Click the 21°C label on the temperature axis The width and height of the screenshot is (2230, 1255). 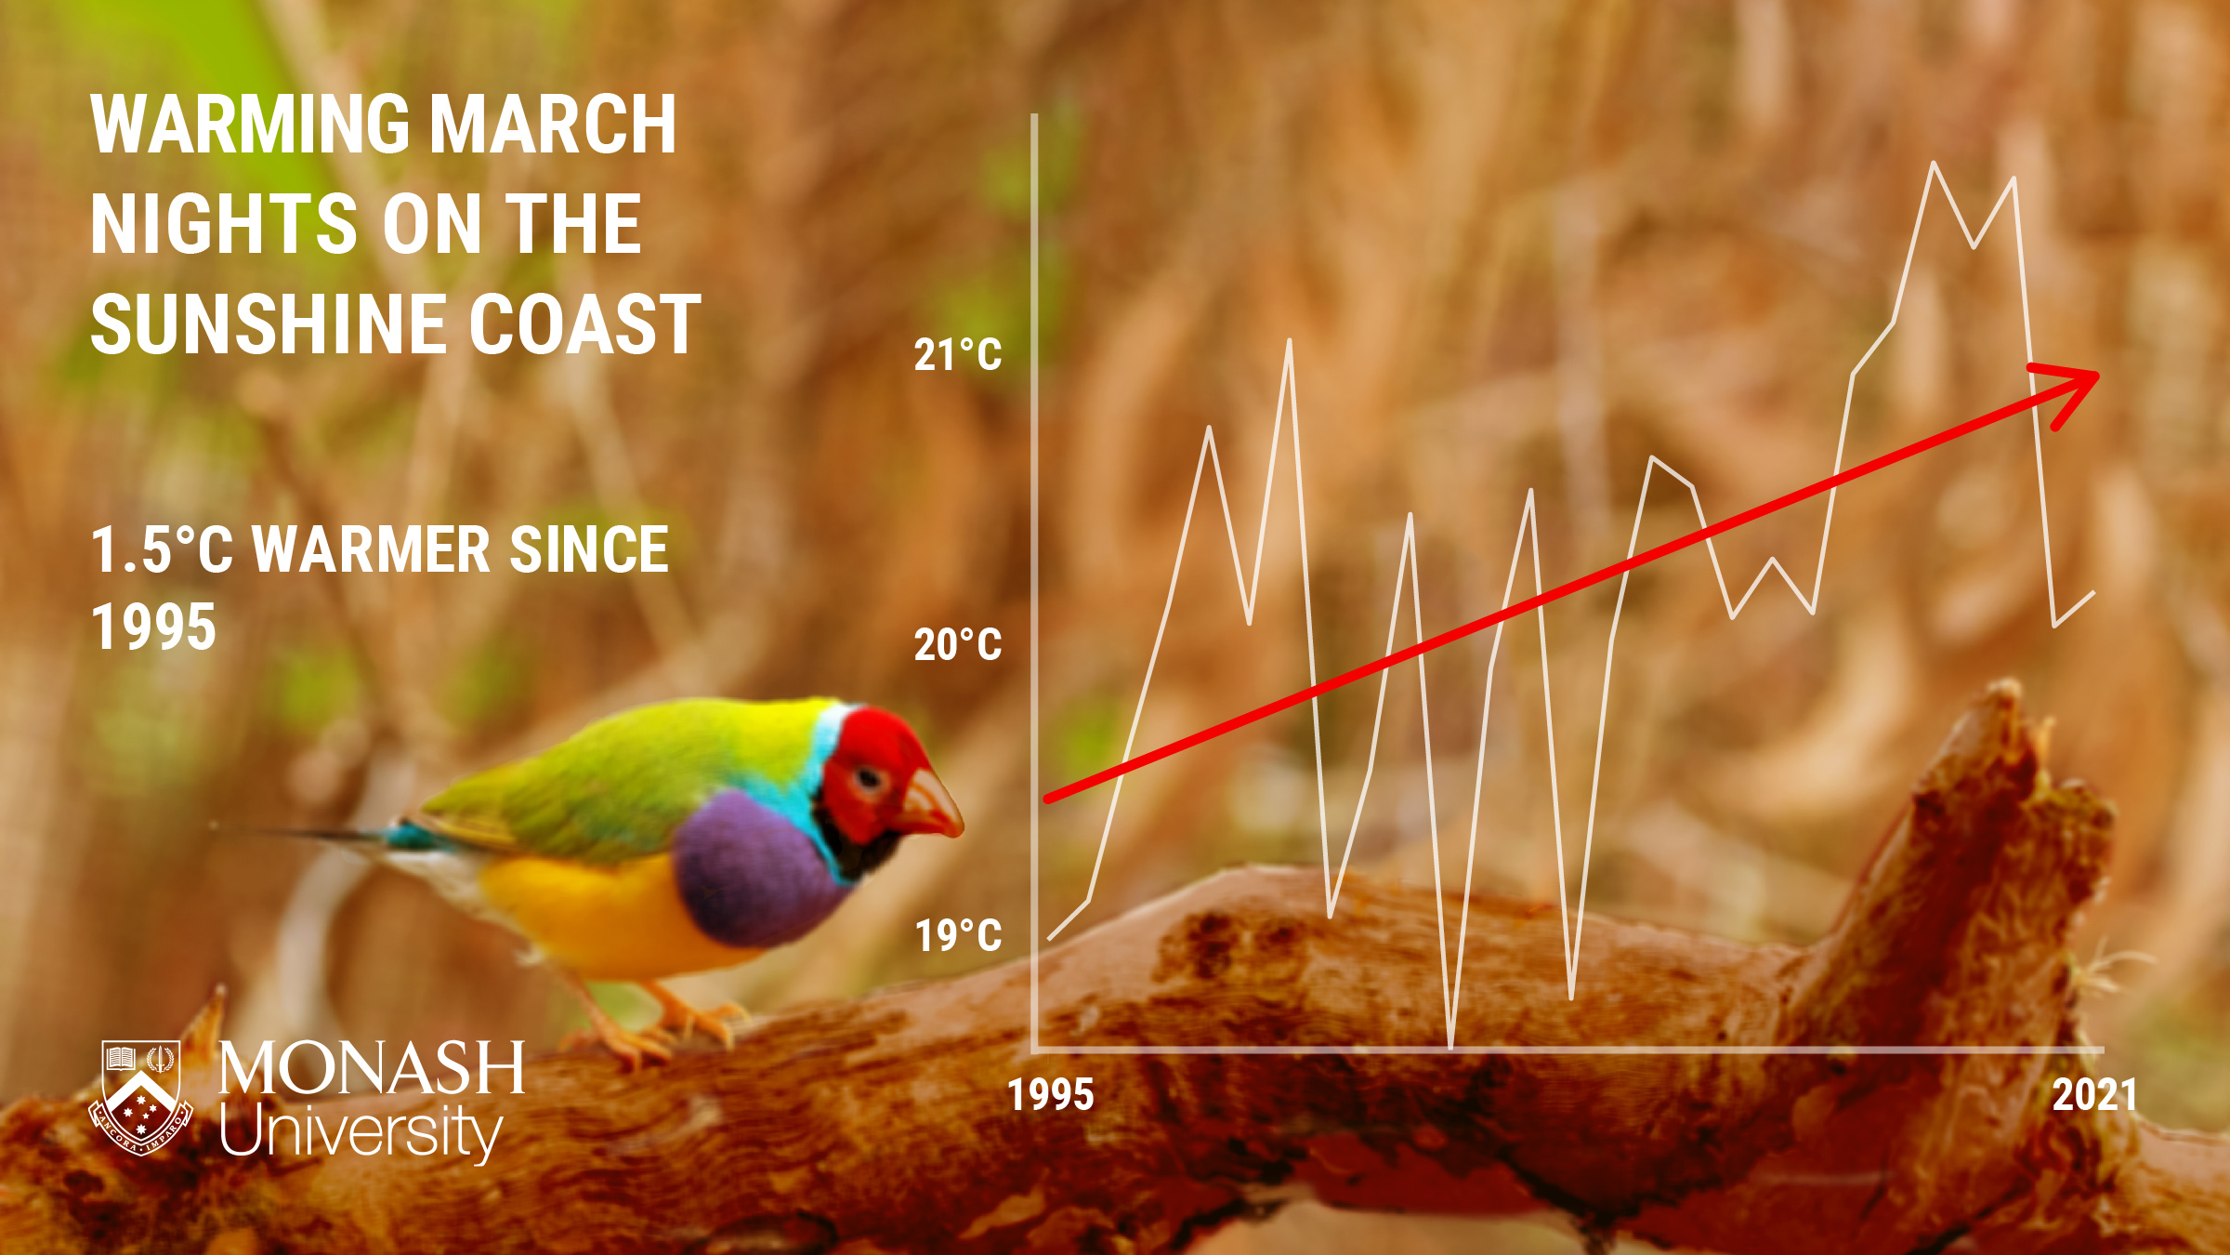point(958,355)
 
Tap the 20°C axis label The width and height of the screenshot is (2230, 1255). point(958,645)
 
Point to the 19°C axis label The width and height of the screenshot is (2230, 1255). point(959,935)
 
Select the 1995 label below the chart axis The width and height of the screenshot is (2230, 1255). point(1051,1095)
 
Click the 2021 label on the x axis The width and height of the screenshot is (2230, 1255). point(2095,1095)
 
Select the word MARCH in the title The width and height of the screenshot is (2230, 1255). point(554,125)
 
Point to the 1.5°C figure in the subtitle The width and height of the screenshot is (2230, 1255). point(162,549)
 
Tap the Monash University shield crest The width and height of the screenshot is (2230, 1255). point(141,1097)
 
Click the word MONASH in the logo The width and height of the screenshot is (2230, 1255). point(372,1068)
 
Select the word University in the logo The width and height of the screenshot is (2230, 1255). point(361,1131)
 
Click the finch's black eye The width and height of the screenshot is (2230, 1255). point(869,779)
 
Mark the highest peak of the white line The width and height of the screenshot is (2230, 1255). point(1934,164)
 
